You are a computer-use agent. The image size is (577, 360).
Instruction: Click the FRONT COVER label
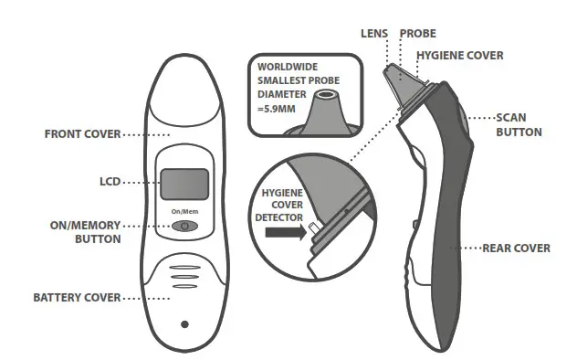coord(81,134)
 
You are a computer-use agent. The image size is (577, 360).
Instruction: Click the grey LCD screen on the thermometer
coord(184,185)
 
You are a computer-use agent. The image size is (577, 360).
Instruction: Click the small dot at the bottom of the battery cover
coord(184,323)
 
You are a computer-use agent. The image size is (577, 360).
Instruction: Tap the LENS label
coord(374,34)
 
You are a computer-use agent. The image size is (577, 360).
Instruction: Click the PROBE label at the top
coord(418,34)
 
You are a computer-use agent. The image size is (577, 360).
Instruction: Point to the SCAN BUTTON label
coord(519,124)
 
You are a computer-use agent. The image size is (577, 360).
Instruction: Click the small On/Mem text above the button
coord(184,212)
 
